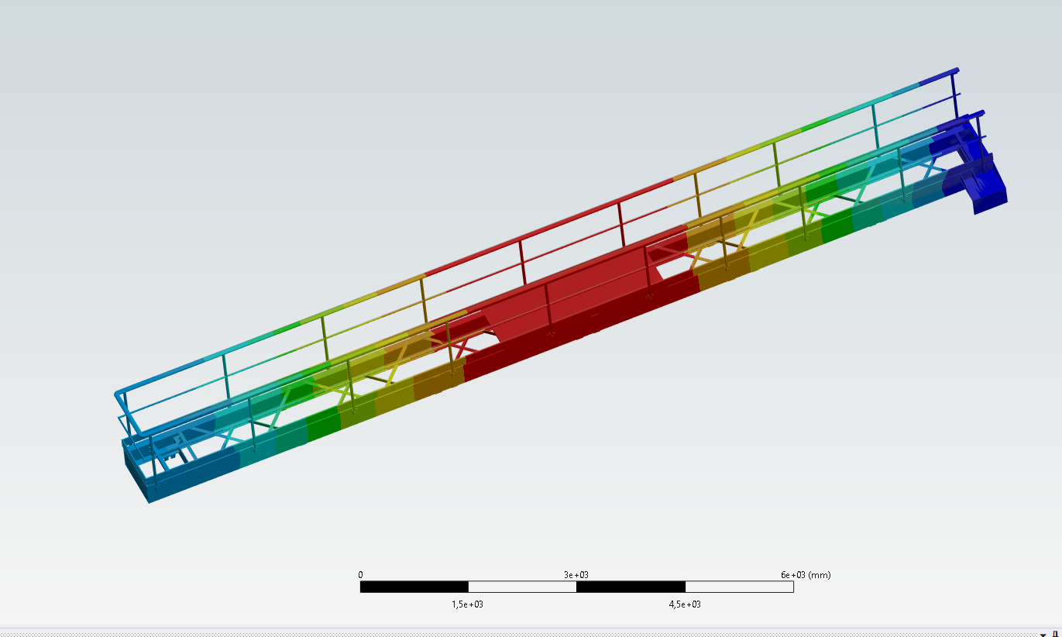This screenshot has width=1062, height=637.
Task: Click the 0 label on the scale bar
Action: coord(360,574)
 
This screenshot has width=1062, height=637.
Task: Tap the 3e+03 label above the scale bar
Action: coord(576,574)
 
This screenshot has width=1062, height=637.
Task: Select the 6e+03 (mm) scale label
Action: coord(805,574)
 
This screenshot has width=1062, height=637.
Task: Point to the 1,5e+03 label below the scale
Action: coord(468,604)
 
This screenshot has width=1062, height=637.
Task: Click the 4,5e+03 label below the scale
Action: coord(685,604)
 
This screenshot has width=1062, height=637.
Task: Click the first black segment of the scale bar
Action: coord(414,587)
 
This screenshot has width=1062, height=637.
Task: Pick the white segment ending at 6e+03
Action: coord(739,587)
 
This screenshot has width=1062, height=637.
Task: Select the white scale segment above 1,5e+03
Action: coord(522,587)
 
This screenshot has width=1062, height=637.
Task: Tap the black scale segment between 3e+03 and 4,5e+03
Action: coord(631,587)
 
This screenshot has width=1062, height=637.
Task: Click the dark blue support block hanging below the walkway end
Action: coord(988,190)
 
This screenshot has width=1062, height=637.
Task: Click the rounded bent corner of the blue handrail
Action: coord(119,396)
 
